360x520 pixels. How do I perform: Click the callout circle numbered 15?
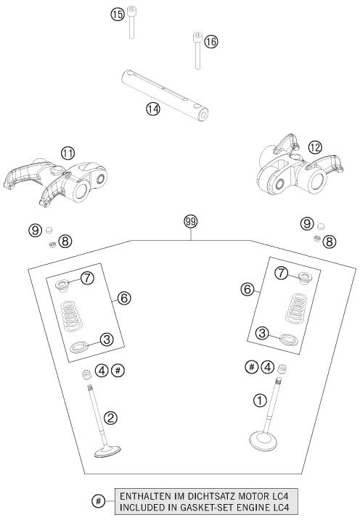tap(117, 15)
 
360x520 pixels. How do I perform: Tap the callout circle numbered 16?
tap(210, 42)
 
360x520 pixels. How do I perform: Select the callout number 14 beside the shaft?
tap(153, 109)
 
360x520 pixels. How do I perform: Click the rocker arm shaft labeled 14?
tap(165, 95)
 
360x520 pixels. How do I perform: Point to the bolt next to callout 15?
tap(131, 22)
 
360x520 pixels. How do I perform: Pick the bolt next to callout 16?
tap(197, 51)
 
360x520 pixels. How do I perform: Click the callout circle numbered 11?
tap(67, 153)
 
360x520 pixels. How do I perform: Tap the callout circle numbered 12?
tap(315, 147)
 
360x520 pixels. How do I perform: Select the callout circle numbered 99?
tap(191, 221)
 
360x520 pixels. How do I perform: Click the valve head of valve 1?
tap(263, 440)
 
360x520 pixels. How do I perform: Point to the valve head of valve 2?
tap(107, 452)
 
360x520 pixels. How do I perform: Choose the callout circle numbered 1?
tap(260, 400)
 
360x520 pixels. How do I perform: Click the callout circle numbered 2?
tap(110, 418)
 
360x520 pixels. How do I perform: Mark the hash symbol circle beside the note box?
tap(98, 500)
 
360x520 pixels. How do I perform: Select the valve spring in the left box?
tap(72, 315)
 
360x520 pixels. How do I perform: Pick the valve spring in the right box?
tap(296, 308)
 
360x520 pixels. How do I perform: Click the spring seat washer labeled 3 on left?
tap(79, 347)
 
